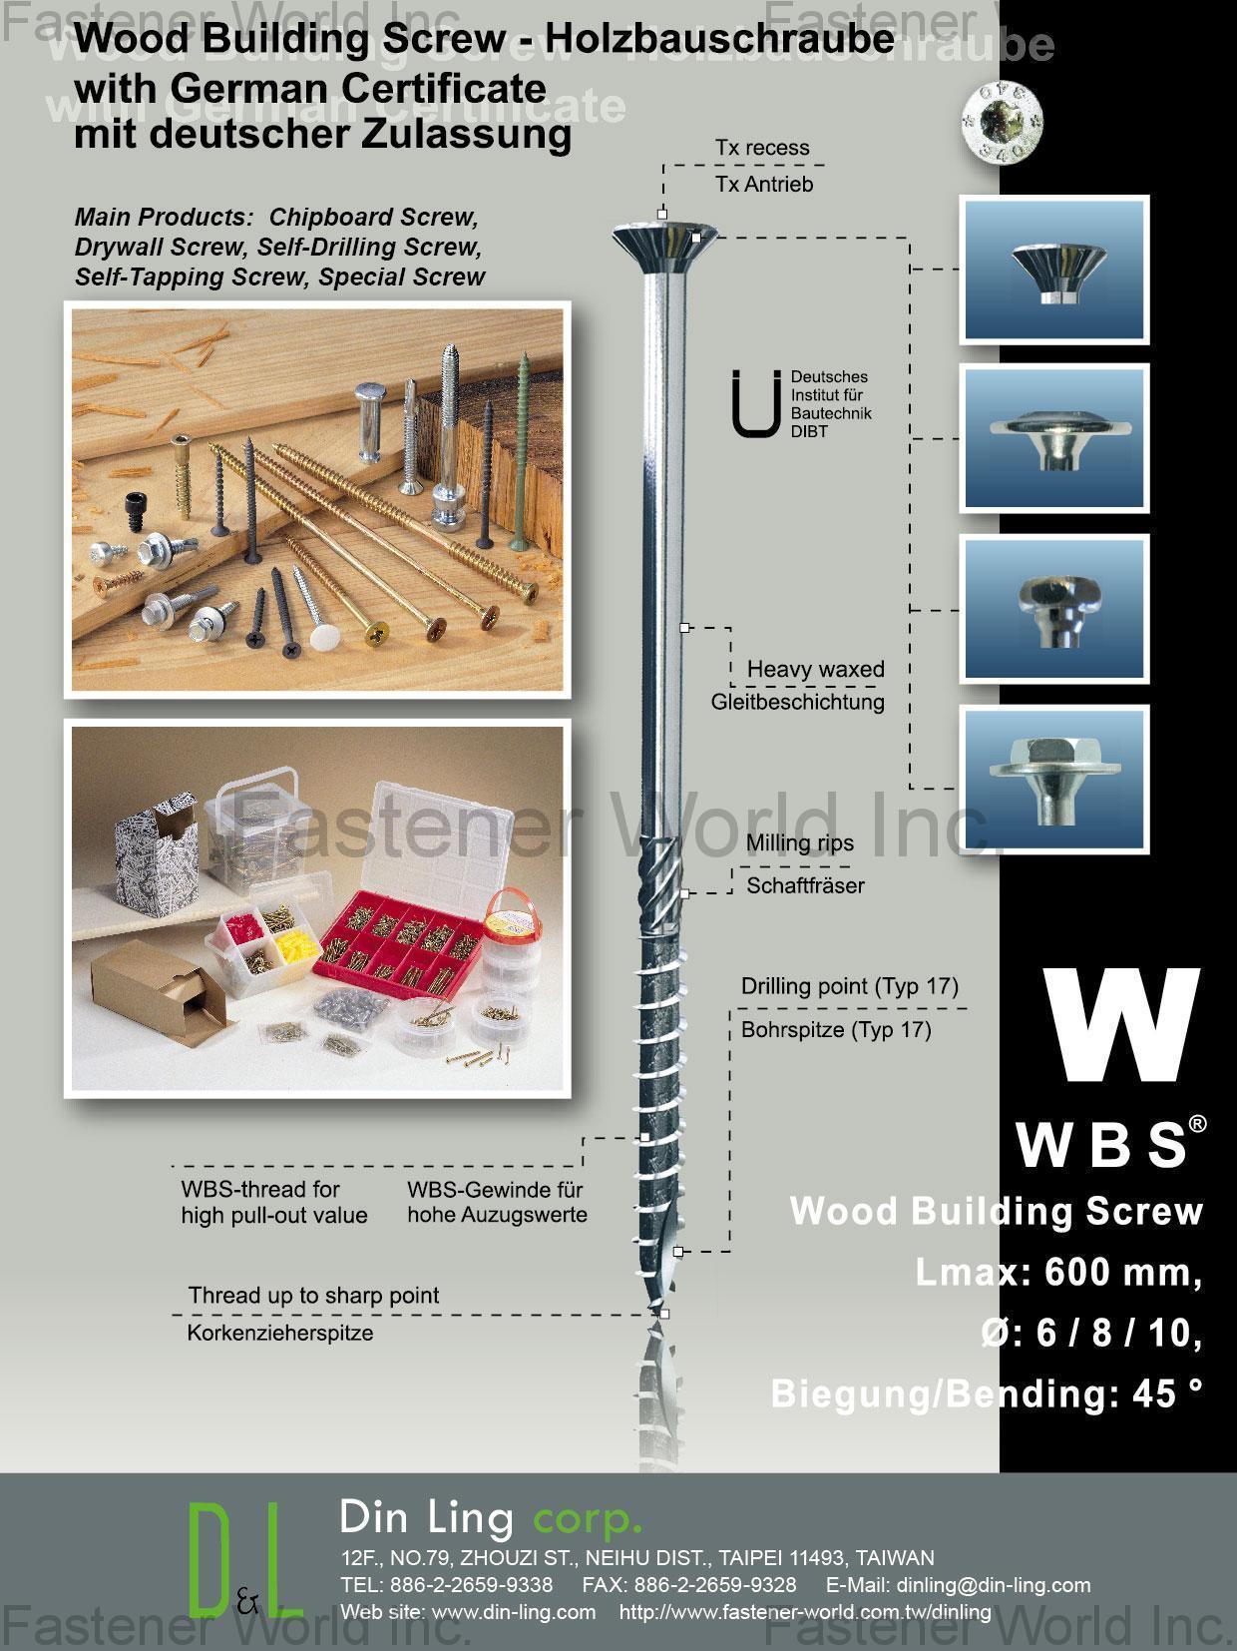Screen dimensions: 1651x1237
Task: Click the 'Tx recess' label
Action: point(762,148)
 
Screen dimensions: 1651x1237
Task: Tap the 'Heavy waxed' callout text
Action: point(815,669)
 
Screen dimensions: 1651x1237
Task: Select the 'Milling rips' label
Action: point(799,843)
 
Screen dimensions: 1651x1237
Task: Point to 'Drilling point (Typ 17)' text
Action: point(849,986)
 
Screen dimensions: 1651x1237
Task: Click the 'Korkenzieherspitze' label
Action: point(280,1333)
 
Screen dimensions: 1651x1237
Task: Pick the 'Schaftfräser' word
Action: point(805,885)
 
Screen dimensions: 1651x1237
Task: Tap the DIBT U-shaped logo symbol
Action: point(755,404)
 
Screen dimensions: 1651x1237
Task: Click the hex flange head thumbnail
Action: point(1054,779)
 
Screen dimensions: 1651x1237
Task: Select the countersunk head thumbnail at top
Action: point(1054,270)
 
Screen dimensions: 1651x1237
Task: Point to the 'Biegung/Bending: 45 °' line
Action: point(986,1393)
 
